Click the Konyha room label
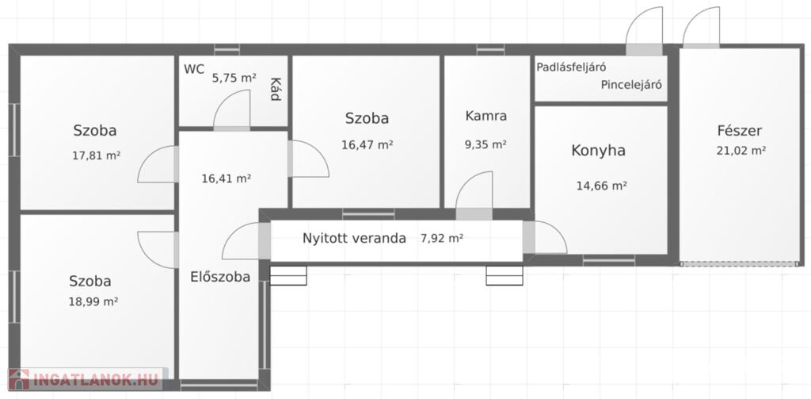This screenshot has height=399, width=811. (599, 150)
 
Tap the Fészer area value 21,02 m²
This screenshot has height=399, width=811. (741, 151)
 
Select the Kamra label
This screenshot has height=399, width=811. (485, 116)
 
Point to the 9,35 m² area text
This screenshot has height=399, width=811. (485, 144)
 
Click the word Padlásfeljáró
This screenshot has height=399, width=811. (571, 67)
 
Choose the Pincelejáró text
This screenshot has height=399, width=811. (631, 85)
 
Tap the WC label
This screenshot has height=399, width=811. (194, 69)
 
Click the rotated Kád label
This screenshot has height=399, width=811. (276, 89)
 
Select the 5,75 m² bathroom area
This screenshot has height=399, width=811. (234, 79)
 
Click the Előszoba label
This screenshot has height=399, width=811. (220, 277)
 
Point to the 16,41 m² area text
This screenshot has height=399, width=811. (226, 178)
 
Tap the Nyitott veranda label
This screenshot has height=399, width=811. (354, 239)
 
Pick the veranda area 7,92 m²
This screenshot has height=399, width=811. (442, 239)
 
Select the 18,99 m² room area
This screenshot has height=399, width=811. (93, 301)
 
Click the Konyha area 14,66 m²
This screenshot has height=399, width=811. (602, 186)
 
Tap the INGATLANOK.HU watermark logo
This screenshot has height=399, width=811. (86, 379)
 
